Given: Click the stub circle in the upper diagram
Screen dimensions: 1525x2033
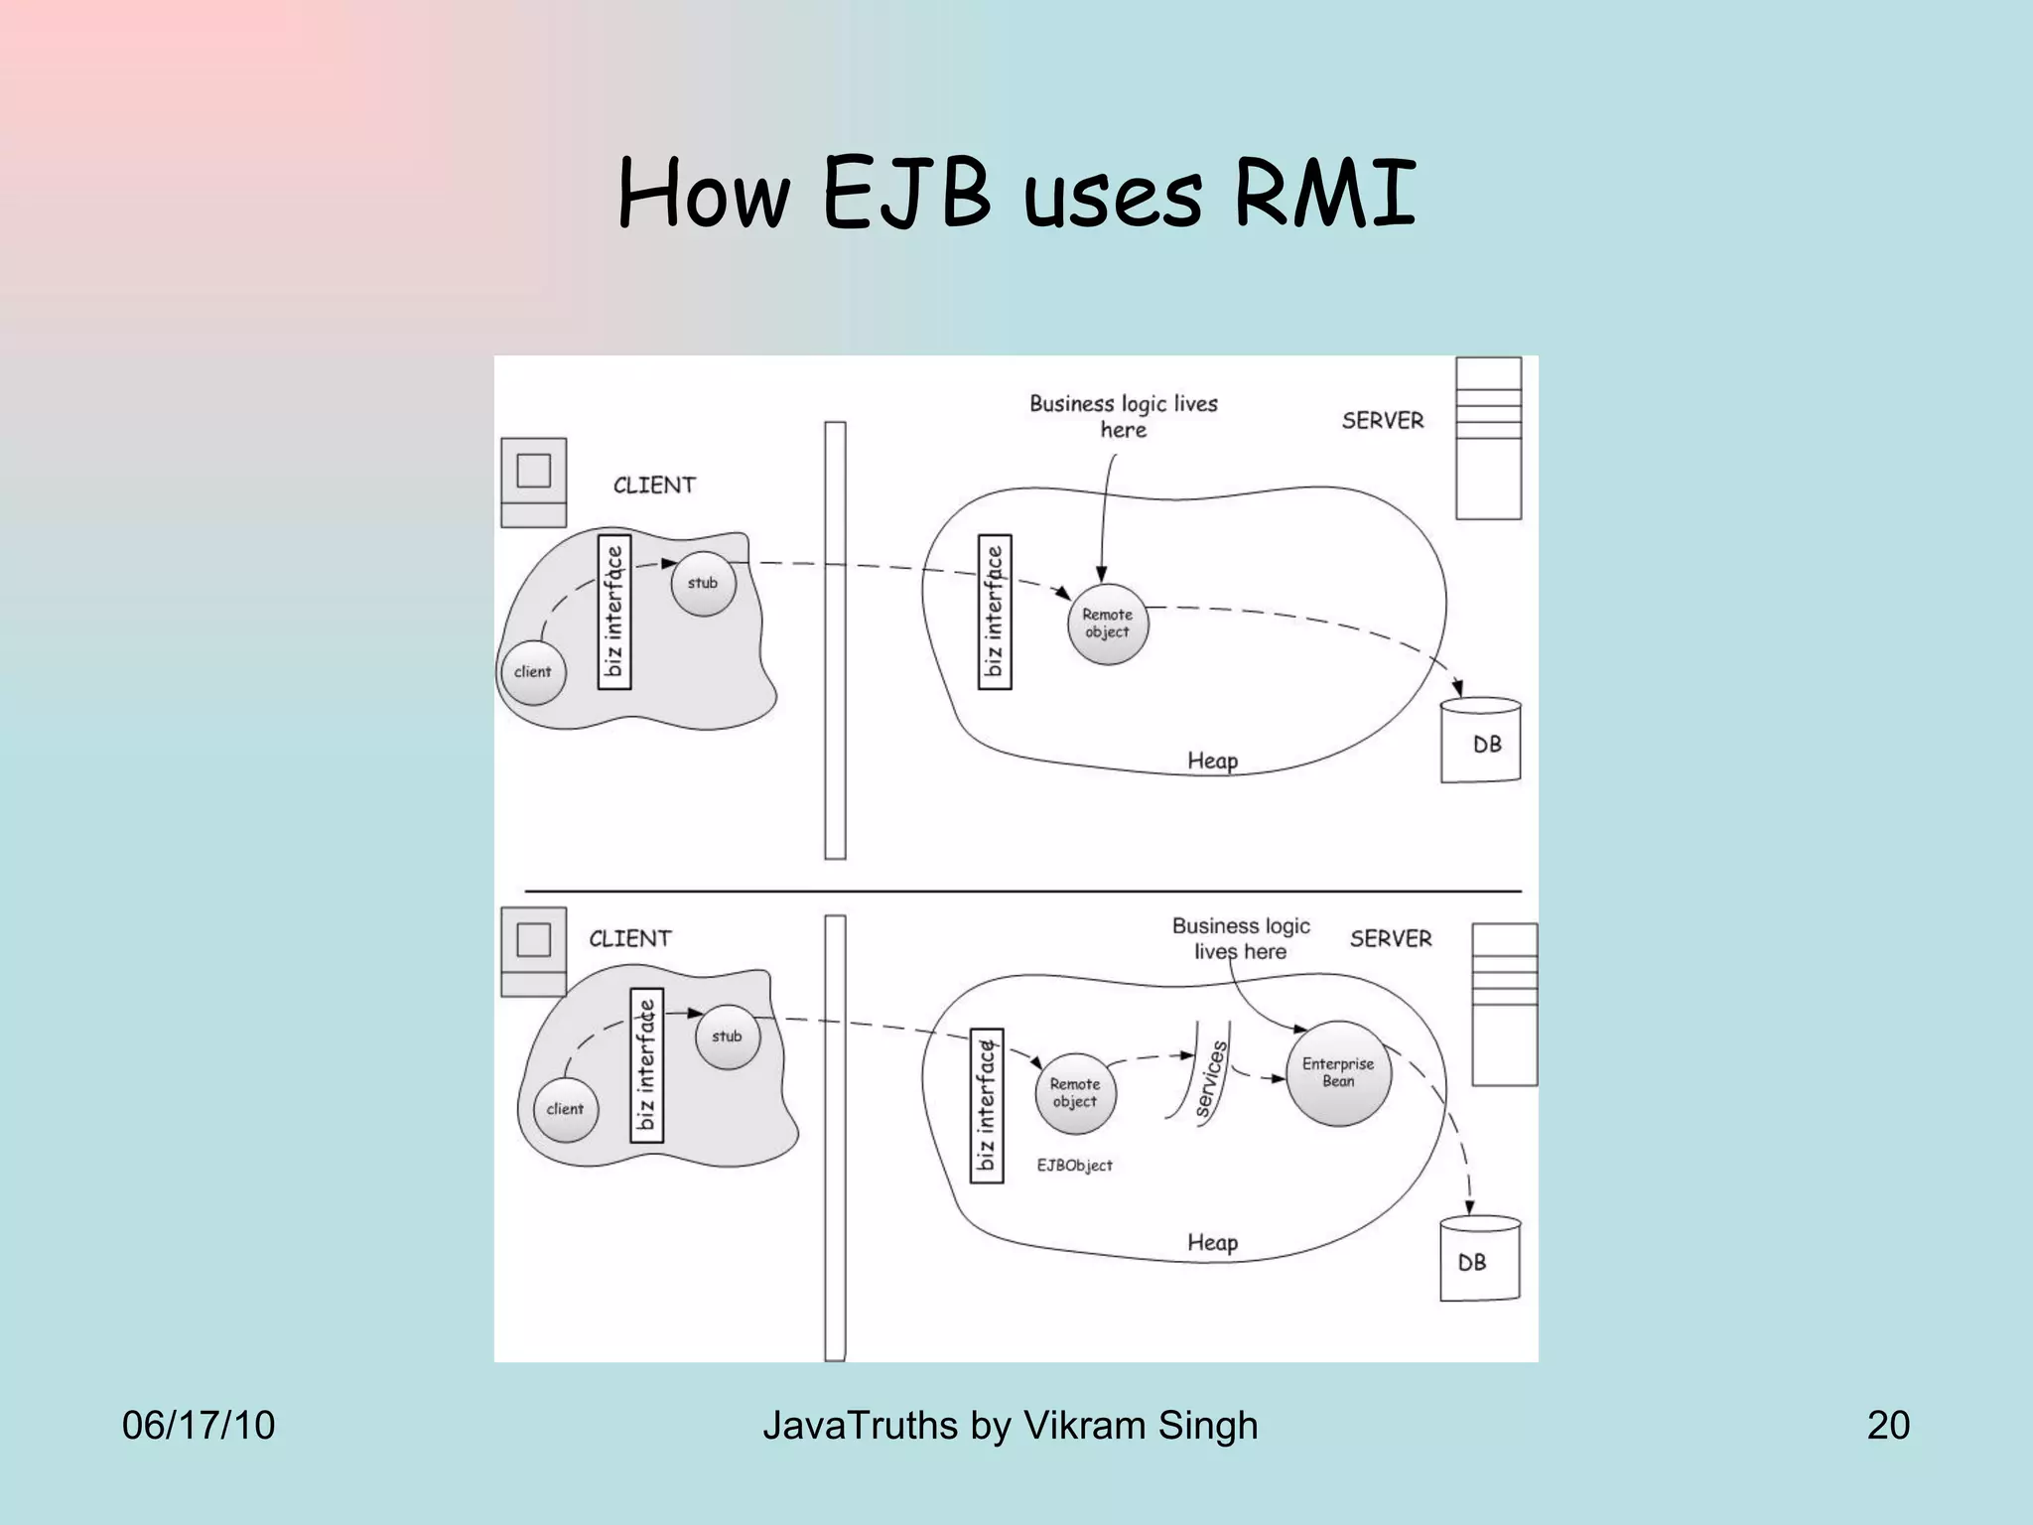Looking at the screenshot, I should pyautogui.click(x=703, y=584).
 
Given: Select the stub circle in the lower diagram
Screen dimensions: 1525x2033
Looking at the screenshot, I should pyautogui.click(x=728, y=1037).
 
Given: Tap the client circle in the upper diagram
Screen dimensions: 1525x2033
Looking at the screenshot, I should pyautogui.click(x=533, y=672).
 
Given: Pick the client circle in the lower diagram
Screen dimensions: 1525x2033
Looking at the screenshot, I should pyautogui.click(x=565, y=1109).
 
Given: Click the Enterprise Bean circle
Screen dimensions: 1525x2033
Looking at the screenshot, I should pyautogui.click(x=1338, y=1073).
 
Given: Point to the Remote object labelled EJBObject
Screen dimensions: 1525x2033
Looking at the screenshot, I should pyautogui.click(x=1075, y=1093).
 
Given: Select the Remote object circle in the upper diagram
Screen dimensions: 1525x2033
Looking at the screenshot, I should pyautogui.click(x=1107, y=624).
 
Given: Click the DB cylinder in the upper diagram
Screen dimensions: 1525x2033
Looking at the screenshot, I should pyautogui.click(x=1481, y=741).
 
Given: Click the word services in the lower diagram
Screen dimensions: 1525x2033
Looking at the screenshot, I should pyautogui.click(x=1211, y=1080).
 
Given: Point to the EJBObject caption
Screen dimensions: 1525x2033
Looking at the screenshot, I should pyautogui.click(x=1074, y=1166).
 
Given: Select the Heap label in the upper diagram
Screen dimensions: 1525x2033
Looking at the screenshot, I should pyautogui.click(x=1212, y=762).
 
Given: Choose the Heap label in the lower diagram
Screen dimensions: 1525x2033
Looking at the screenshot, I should pyautogui.click(x=1212, y=1243).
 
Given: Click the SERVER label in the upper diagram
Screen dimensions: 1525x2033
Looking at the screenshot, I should pyautogui.click(x=1383, y=420).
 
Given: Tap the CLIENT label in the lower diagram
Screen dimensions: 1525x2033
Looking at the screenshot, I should pyautogui.click(x=630, y=938).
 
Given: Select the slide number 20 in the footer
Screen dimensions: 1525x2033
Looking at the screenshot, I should pyautogui.click(x=1888, y=1426).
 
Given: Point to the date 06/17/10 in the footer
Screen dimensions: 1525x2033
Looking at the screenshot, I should pyautogui.click(x=199, y=1426).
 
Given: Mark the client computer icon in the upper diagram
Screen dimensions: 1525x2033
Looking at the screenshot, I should pyautogui.click(x=534, y=483).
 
